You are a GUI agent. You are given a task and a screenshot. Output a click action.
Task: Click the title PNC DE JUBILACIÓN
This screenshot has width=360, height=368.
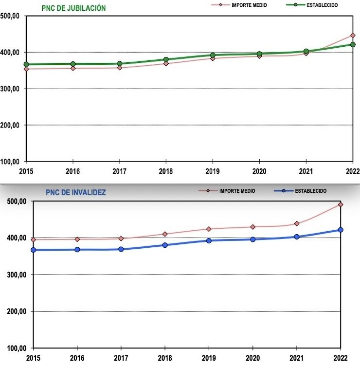pyautogui.click(x=73, y=8)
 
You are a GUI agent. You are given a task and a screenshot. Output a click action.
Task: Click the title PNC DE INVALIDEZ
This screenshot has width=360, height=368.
pyautogui.click(x=76, y=192)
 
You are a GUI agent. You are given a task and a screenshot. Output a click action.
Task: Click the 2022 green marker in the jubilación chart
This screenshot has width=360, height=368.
pyautogui.click(x=353, y=45)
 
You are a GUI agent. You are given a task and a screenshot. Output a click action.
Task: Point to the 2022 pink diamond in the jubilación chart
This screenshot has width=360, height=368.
pyautogui.click(x=353, y=36)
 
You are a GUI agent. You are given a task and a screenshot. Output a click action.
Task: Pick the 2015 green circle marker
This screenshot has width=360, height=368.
pyautogui.click(x=26, y=64)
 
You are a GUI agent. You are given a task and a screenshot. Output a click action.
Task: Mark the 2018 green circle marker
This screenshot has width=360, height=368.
pyautogui.click(x=166, y=59)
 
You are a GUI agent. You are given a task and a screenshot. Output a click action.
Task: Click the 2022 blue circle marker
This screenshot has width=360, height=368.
pyautogui.click(x=341, y=230)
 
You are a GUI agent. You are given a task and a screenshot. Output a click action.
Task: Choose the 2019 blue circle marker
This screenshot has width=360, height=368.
pyautogui.click(x=209, y=240)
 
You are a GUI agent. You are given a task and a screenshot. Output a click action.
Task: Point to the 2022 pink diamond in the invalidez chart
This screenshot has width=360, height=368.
pyautogui.click(x=341, y=204)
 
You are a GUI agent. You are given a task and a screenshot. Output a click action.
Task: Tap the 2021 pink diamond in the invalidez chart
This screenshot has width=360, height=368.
pyautogui.click(x=297, y=223)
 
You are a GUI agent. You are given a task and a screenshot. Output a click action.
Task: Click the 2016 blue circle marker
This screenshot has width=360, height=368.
pyautogui.click(x=77, y=250)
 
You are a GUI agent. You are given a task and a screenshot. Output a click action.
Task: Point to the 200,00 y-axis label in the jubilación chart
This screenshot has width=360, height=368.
pyautogui.click(x=10, y=125)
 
